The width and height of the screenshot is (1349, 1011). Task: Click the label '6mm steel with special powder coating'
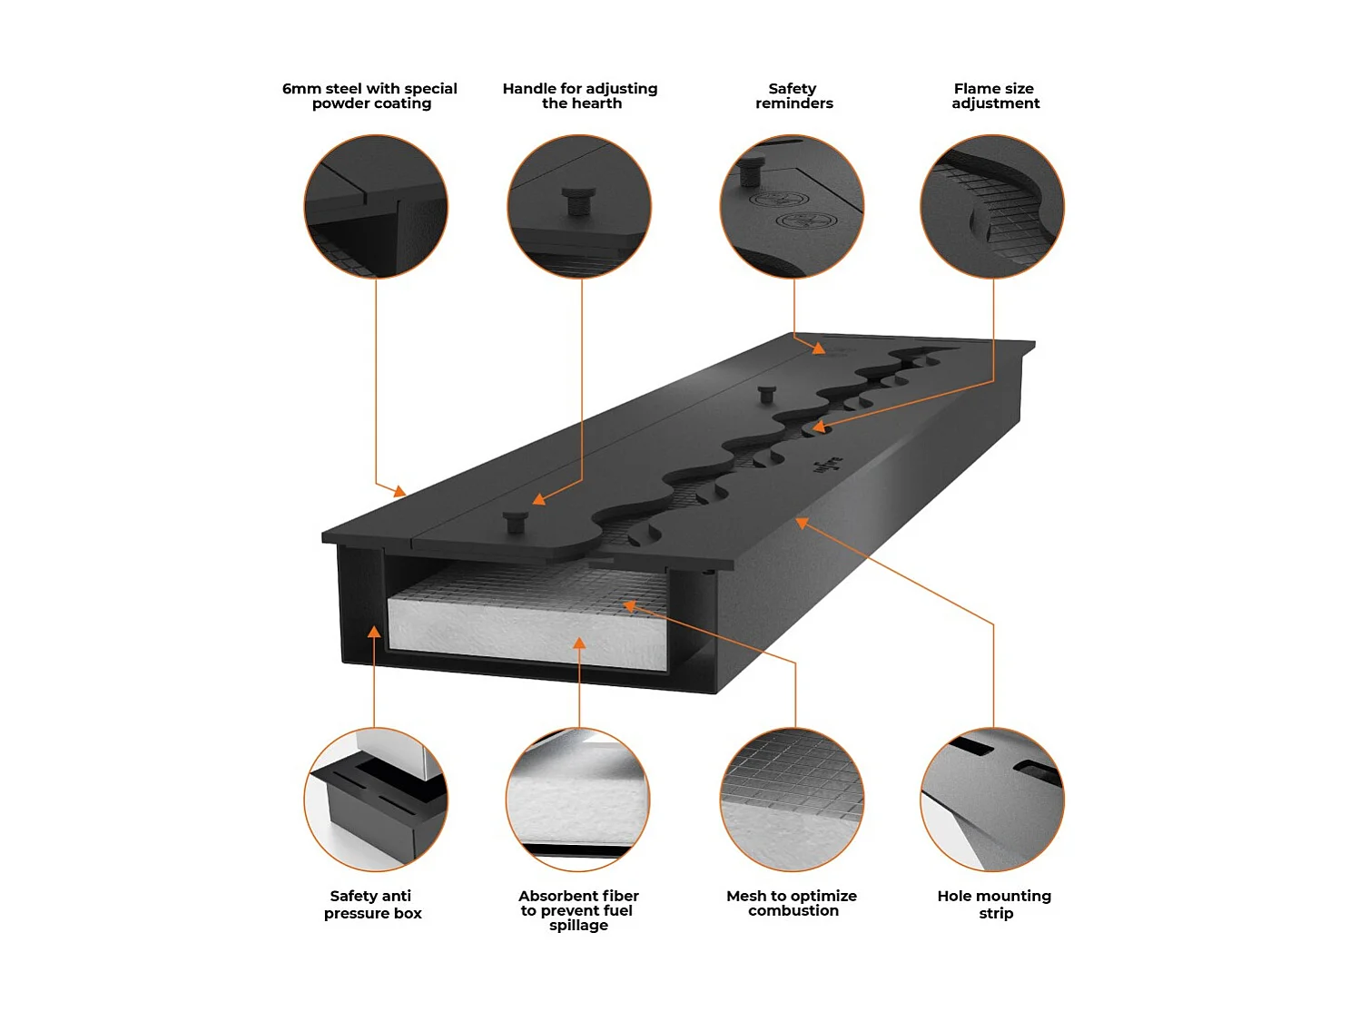pyautogui.click(x=370, y=95)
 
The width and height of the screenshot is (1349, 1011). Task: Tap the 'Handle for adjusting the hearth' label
pyautogui.click(x=580, y=95)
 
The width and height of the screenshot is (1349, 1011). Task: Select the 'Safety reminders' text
pyautogui.click(x=793, y=95)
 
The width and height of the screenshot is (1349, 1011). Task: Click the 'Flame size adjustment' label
pyautogui.click(x=995, y=95)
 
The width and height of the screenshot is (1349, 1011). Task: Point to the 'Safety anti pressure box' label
pyautogui.click(x=372, y=904)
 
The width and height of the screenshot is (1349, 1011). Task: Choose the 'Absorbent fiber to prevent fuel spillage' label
pyautogui.click(x=578, y=909)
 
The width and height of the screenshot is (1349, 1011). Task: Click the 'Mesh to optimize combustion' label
pyautogui.click(x=792, y=903)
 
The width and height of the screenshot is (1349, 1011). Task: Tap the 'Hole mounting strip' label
pyautogui.click(x=994, y=904)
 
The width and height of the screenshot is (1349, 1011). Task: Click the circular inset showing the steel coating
pyautogui.click(x=376, y=207)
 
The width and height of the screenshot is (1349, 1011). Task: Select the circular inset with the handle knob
pyautogui.click(x=579, y=207)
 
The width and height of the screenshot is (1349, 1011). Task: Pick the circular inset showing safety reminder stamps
pyautogui.click(x=792, y=207)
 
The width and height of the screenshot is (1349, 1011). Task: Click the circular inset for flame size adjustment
pyautogui.click(x=992, y=207)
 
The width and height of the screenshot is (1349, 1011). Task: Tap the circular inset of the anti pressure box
pyautogui.click(x=376, y=800)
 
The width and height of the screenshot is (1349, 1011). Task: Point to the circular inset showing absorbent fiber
pyautogui.click(x=578, y=800)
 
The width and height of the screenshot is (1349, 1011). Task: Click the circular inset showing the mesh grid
pyautogui.click(x=792, y=800)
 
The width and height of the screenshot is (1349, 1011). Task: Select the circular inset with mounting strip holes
pyautogui.click(x=992, y=800)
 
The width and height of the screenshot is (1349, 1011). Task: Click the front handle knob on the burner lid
pyautogui.click(x=516, y=521)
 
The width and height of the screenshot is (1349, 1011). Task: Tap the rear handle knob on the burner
pyautogui.click(x=767, y=394)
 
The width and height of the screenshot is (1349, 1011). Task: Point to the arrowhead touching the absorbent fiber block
pyautogui.click(x=579, y=643)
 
